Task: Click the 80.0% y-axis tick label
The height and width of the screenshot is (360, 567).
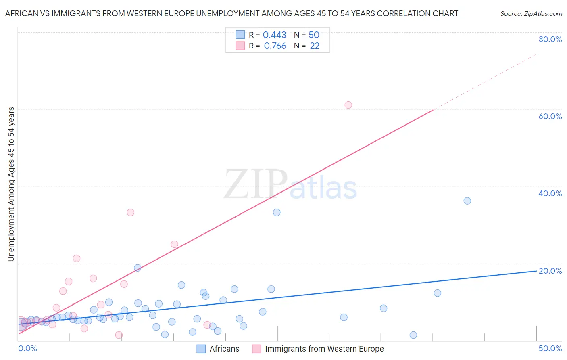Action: [x=550, y=39]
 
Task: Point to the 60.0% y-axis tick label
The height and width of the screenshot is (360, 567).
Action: [x=550, y=116]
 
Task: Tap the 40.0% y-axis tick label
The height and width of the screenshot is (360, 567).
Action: [x=550, y=193]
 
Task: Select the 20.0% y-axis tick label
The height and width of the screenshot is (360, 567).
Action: [x=550, y=271]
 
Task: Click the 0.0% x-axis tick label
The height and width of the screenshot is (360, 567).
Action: [x=27, y=348]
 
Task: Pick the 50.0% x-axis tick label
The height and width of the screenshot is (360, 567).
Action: [x=550, y=348]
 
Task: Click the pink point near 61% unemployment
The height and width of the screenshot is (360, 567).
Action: [x=348, y=105]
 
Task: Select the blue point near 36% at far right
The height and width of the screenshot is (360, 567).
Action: [x=467, y=201]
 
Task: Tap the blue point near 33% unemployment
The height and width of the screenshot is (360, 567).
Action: [x=277, y=212]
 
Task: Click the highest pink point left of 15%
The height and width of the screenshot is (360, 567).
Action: [x=130, y=212]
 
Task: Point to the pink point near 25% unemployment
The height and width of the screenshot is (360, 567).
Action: [x=174, y=244]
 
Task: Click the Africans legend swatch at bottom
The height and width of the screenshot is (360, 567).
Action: [x=201, y=349]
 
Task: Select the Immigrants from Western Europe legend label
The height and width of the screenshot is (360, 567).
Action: [x=324, y=349]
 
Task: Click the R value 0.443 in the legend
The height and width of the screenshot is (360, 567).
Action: [x=274, y=35]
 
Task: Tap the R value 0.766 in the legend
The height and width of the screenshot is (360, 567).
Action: [x=275, y=46]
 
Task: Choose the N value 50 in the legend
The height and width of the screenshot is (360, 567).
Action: [x=314, y=35]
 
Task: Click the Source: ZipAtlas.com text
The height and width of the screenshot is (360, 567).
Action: [x=531, y=14]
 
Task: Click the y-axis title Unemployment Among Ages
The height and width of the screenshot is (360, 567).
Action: [x=11, y=184]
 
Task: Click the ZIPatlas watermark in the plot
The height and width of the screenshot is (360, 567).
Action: [x=290, y=185]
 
